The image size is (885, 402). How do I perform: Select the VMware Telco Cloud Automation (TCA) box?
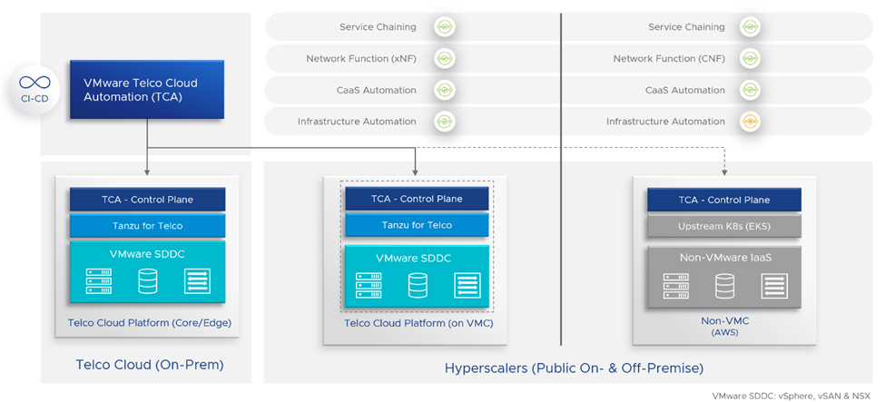pyautogui.click(x=147, y=90)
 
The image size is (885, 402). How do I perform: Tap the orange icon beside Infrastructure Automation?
pyautogui.click(x=750, y=122)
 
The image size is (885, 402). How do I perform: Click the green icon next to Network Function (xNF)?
pyautogui.click(x=443, y=59)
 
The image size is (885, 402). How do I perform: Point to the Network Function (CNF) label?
pyautogui.click(x=669, y=59)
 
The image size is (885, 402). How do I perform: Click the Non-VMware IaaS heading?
pyautogui.click(x=723, y=258)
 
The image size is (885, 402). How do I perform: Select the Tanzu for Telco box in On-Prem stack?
pyautogui.click(x=147, y=225)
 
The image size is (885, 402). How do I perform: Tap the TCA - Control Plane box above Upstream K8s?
pyautogui.click(x=723, y=200)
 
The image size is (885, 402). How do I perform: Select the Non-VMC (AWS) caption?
pyautogui.click(x=723, y=326)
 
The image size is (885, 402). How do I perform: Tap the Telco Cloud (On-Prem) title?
pyautogui.click(x=150, y=365)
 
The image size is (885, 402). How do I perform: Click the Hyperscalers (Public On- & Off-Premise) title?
pyautogui.click(x=574, y=368)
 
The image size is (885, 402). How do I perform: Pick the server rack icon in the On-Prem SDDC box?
pyautogui.click(x=99, y=281)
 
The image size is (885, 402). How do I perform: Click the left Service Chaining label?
pyautogui.click(x=378, y=27)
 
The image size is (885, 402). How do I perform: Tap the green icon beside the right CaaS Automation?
pyautogui.click(x=750, y=90)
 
